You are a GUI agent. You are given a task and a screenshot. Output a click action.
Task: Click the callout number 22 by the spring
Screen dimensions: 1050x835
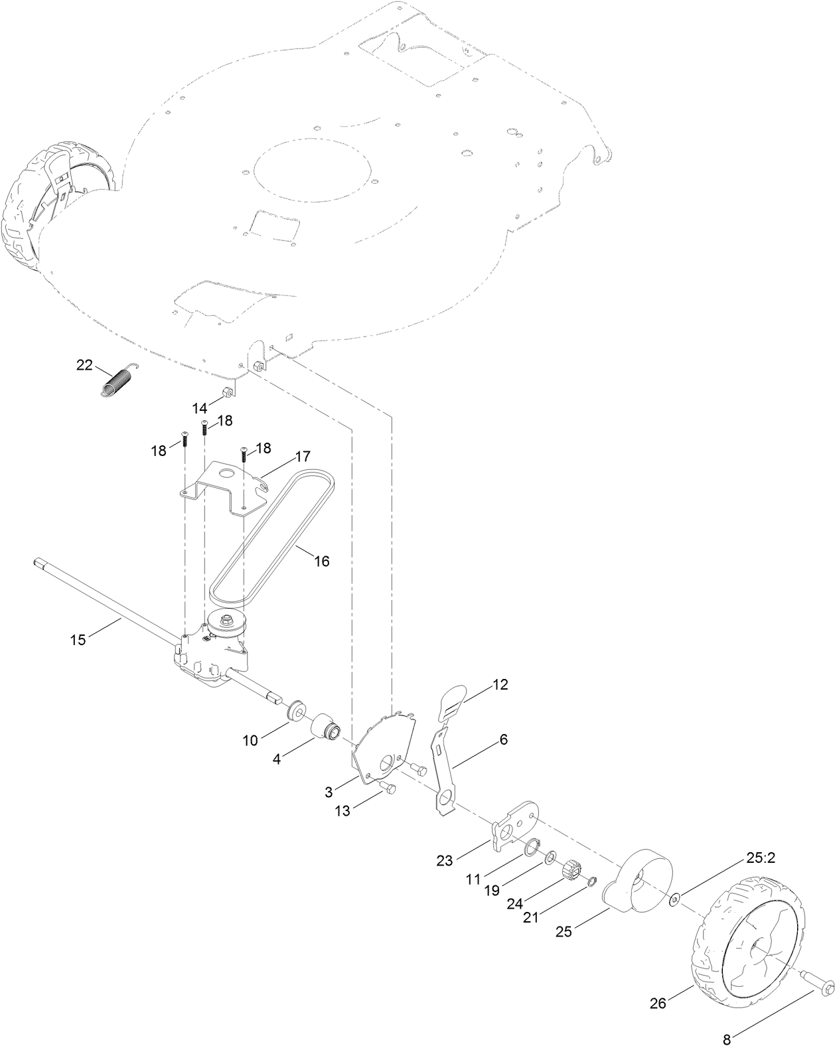coord(84,364)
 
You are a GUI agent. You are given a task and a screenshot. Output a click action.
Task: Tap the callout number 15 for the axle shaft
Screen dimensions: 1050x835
coord(78,639)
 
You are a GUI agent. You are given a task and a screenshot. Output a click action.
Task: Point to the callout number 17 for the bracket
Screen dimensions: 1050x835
coord(303,457)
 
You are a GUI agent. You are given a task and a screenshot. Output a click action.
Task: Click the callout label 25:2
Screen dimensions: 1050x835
coord(761,858)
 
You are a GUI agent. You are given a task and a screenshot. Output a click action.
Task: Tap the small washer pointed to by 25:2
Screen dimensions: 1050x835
coord(675,899)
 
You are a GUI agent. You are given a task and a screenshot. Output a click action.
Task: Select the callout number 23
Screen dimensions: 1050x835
coord(445,861)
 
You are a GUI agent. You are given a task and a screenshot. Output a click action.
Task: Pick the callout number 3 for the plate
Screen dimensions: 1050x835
coord(329,792)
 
